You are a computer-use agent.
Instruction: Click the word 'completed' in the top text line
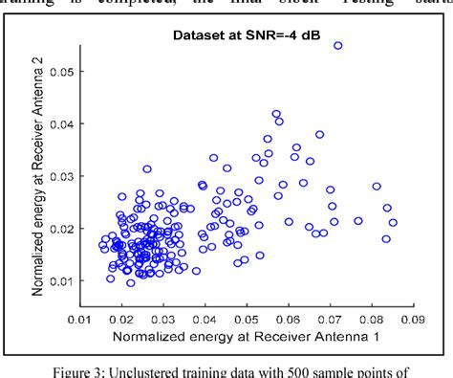pyautogui.click(x=182, y=5)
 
